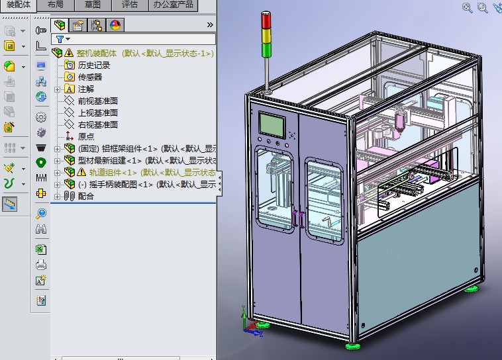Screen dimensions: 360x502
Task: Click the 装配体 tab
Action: [x=18, y=5]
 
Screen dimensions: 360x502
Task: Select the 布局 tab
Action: [x=56, y=5]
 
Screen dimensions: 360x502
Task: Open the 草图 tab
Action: [x=93, y=5]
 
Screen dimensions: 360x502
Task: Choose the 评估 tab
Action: [x=130, y=5]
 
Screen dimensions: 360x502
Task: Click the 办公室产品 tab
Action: [x=174, y=5]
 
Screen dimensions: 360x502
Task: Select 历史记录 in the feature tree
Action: [x=94, y=65]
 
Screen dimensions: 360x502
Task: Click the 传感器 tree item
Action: [x=90, y=77]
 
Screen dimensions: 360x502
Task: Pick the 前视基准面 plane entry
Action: [x=97, y=101]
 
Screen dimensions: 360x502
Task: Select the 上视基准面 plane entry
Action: [x=97, y=112]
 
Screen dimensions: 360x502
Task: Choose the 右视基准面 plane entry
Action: [x=97, y=124]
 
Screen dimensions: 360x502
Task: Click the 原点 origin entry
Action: [x=86, y=136]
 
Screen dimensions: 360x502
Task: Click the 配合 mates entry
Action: [x=86, y=196]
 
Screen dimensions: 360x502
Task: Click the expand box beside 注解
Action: [x=57, y=89]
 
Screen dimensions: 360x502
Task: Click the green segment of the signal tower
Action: [x=267, y=48]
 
